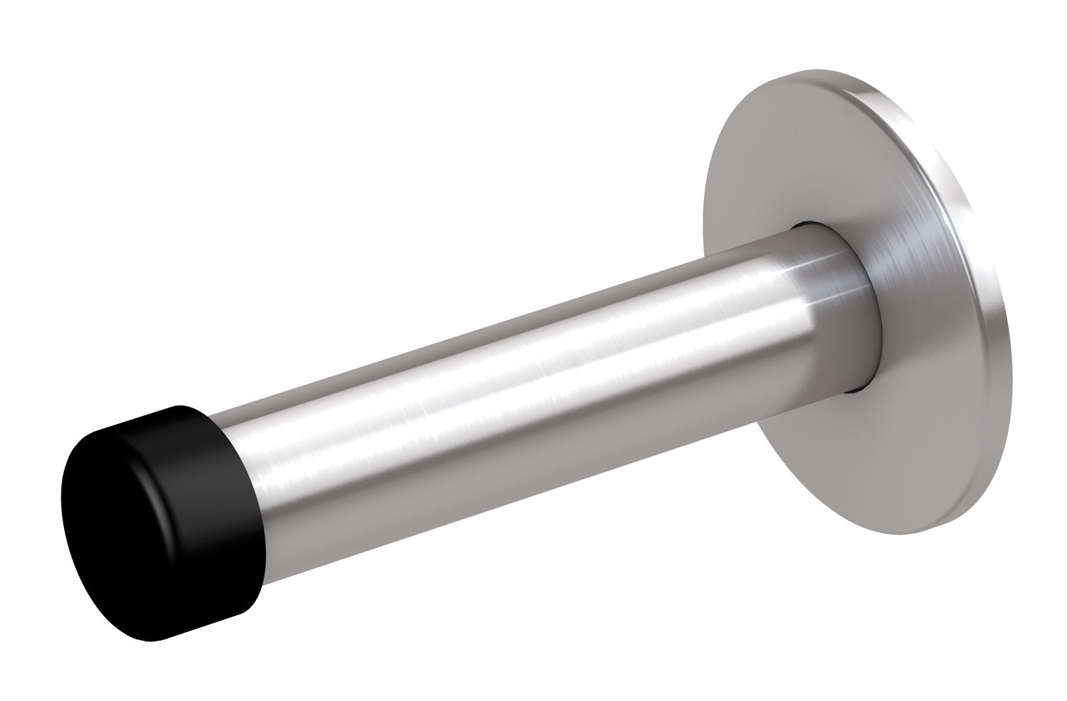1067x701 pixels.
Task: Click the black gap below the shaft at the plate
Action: (x=854, y=387)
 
